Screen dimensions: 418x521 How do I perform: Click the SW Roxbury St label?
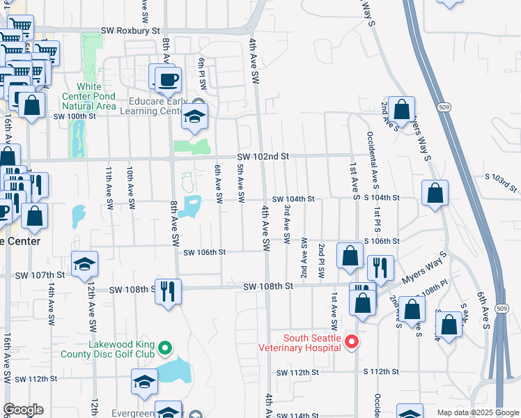click(130, 31)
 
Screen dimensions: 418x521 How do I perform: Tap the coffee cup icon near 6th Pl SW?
click(165, 78)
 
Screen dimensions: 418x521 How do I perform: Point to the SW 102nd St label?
click(262, 157)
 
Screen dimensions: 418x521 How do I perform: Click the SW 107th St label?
click(42, 275)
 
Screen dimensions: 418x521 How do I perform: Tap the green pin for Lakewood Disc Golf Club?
click(164, 347)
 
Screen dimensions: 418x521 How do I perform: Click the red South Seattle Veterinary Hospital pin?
click(352, 341)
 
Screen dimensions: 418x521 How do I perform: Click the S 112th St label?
click(381, 373)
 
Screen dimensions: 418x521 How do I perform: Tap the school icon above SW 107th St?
click(84, 263)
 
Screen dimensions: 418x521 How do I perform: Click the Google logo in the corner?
click(23, 410)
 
